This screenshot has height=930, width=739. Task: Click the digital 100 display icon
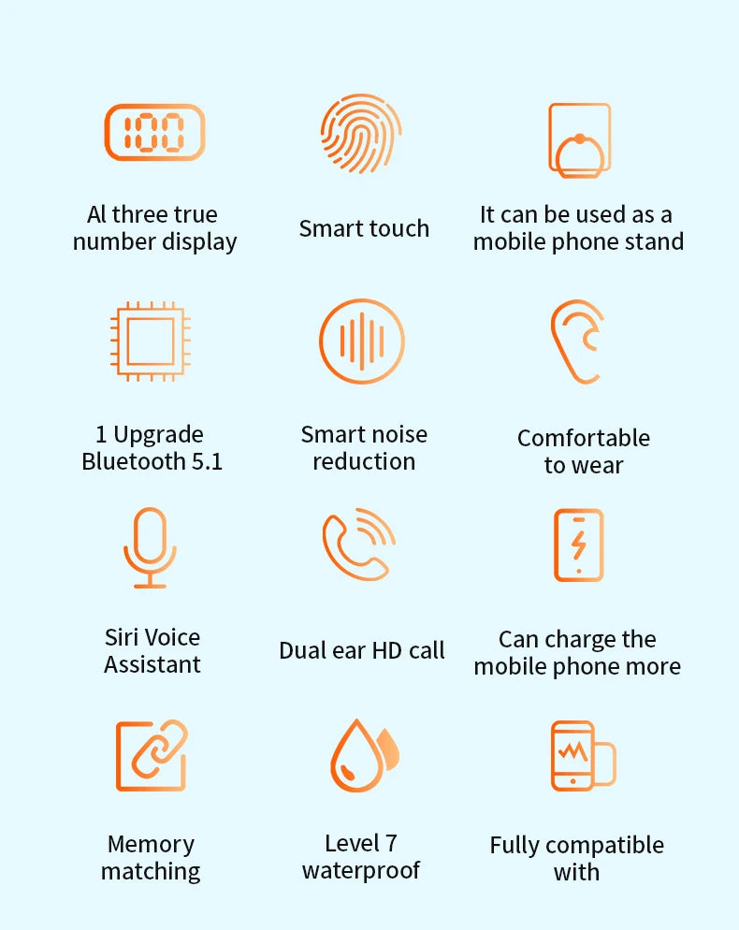pos(154,132)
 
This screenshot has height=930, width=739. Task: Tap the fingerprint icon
pos(360,134)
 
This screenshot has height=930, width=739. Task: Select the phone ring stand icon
pos(579,140)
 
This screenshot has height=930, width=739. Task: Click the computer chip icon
pos(151,341)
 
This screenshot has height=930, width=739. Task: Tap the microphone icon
pos(150,547)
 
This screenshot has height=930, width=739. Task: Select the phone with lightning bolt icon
pos(578,545)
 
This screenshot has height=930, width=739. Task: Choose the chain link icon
pos(152,755)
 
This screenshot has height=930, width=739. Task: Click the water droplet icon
pos(364,755)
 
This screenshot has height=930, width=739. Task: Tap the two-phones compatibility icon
pos(583,756)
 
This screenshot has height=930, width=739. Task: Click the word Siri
pos(121,637)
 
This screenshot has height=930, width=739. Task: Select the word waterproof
pos(360,871)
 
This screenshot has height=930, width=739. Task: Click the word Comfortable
pos(584,438)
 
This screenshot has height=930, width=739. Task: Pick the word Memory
pos(152,845)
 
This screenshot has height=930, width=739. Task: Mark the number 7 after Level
pos(390,843)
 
